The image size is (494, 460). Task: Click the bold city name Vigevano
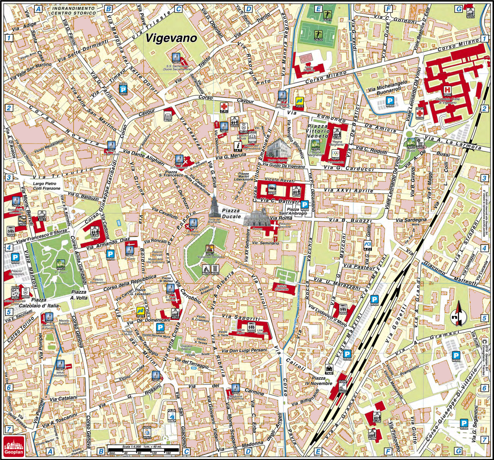[171, 38]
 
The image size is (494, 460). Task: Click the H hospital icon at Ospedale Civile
[447, 89]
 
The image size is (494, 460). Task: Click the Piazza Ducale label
[231, 213]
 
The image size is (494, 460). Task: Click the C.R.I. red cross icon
[224, 107]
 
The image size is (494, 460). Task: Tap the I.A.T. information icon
[238, 145]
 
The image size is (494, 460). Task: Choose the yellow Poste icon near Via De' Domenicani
[141, 312]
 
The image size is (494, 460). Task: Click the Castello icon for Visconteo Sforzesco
[210, 248]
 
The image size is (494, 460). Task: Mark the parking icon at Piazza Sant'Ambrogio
[304, 204]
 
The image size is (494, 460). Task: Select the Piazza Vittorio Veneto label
[318, 131]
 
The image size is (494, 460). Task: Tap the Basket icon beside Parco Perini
[420, 142]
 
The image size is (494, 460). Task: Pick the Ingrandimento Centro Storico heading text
[73, 10]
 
